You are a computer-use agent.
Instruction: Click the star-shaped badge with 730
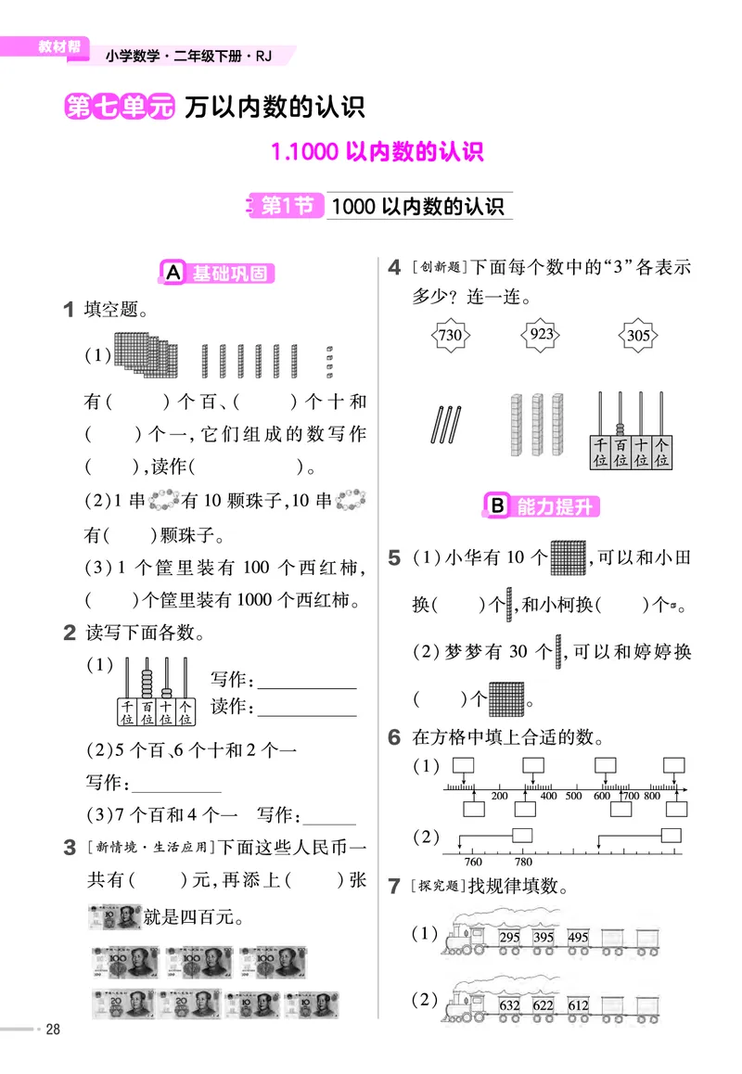coord(449,334)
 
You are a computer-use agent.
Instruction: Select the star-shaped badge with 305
coord(638,335)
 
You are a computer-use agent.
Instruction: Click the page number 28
coord(53,1029)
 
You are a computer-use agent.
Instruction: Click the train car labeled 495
coord(578,938)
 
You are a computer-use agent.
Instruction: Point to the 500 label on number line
coord(573,796)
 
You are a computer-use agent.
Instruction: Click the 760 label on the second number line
coord(472,862)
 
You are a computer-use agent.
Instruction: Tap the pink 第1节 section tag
coord(286,206)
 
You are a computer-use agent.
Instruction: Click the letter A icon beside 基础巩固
coord(173,273)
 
